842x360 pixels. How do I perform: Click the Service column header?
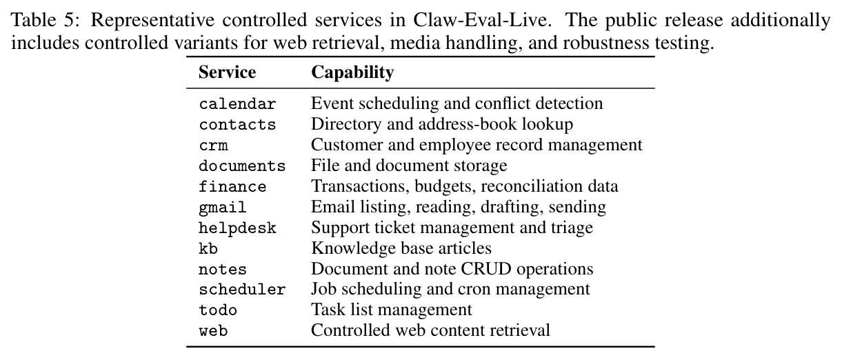click(x=227, y=72)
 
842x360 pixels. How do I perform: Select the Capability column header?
click(x=352, y=72)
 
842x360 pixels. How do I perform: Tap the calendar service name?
click(x=237, y=104)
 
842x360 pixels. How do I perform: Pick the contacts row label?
click(x=237, y=125)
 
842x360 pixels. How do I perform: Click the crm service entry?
click(x=213, y=146)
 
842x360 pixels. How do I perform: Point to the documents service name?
click(x=242, y=166)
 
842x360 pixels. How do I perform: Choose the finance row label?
click(x=232, y=186)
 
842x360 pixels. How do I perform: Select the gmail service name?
click(x=223, y=208)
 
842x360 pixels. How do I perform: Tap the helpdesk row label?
click(x=237, y=228)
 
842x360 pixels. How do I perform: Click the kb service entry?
click(x=208, y=248)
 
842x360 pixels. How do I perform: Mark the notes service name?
click(x=223, y=270)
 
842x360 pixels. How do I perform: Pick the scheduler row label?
click(x=242, y=290)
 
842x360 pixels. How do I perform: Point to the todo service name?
click(x=218, y=310)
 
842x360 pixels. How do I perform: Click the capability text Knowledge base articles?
click(x=401, y=248)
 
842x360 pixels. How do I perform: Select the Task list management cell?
click(x=391, y=310)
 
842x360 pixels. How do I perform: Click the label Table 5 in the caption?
click(x=46, y=20)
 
